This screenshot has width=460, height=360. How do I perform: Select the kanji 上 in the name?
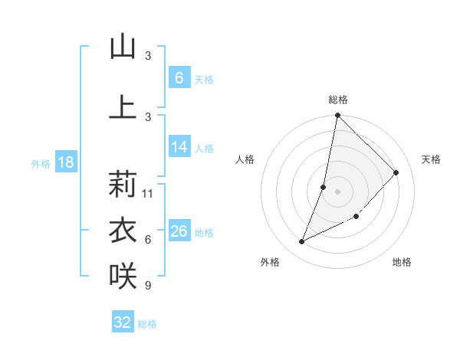tap(123, 106)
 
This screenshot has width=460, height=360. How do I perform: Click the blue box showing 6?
tap(179, 77)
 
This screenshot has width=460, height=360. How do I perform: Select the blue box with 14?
tap(179, 147)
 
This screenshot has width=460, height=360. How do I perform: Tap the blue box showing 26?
tap(179, 231)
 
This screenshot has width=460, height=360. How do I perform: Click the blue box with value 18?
tap(65, 162)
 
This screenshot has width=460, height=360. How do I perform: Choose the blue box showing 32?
tap(123, 322)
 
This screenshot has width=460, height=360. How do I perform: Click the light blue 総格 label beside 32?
tap(147, 324)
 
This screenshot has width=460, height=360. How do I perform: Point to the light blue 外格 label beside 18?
tap(40, 163)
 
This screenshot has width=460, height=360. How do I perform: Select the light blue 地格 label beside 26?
tap(204, 233)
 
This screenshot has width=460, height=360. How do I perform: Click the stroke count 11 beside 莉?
tap(148, 193)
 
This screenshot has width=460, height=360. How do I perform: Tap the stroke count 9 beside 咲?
tap(147, 286)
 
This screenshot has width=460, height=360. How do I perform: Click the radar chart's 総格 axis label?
tap(337, 100)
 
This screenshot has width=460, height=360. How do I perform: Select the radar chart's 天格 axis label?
tap(431, 159)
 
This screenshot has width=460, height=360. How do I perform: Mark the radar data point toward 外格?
tap(302, 242)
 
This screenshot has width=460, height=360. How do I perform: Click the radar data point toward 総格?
tap(337, 116)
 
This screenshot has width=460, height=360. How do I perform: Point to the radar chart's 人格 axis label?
tap(245, 159)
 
